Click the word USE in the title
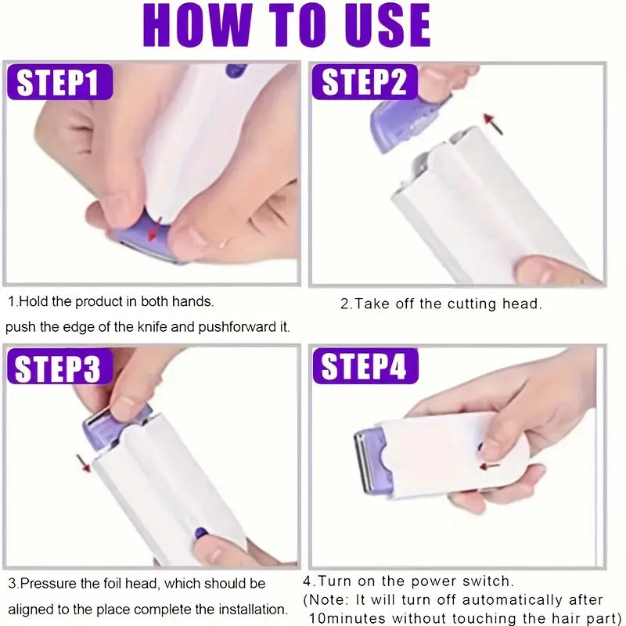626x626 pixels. pos(381,25)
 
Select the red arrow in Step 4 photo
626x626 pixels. pos(491,466)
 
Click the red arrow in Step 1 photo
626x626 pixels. pos(156,228)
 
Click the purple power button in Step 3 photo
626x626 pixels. pos(201,534)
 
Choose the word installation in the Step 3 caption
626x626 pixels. pos(250,609)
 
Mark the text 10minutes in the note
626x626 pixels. pos(349,618)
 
